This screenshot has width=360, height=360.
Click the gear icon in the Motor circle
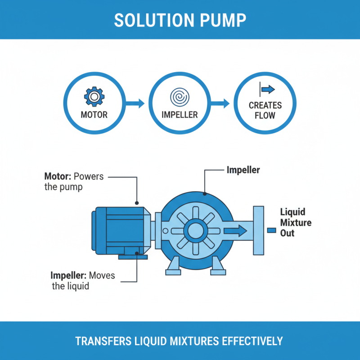pos(94,96)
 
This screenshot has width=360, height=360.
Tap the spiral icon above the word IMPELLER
pos(179,96)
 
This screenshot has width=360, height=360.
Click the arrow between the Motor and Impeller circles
pos(137,104)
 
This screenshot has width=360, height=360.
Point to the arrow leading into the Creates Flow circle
pos(222,104)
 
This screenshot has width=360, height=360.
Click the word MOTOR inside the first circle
pos(94,115)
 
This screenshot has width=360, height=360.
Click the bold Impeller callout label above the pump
pos(243,171)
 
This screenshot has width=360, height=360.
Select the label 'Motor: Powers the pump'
pos(74,181)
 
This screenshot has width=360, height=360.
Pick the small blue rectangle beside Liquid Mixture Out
pos(271,230)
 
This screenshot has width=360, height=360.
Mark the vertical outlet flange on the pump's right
pos(259,230)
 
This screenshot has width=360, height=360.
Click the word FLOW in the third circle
pos(265,116)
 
